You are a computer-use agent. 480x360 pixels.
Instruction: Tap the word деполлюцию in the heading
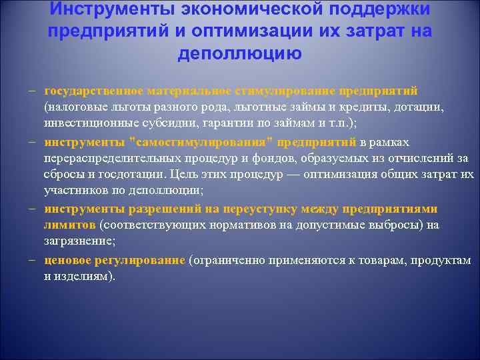[239, 54]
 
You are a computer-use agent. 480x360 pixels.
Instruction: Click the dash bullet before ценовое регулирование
[32, 260]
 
